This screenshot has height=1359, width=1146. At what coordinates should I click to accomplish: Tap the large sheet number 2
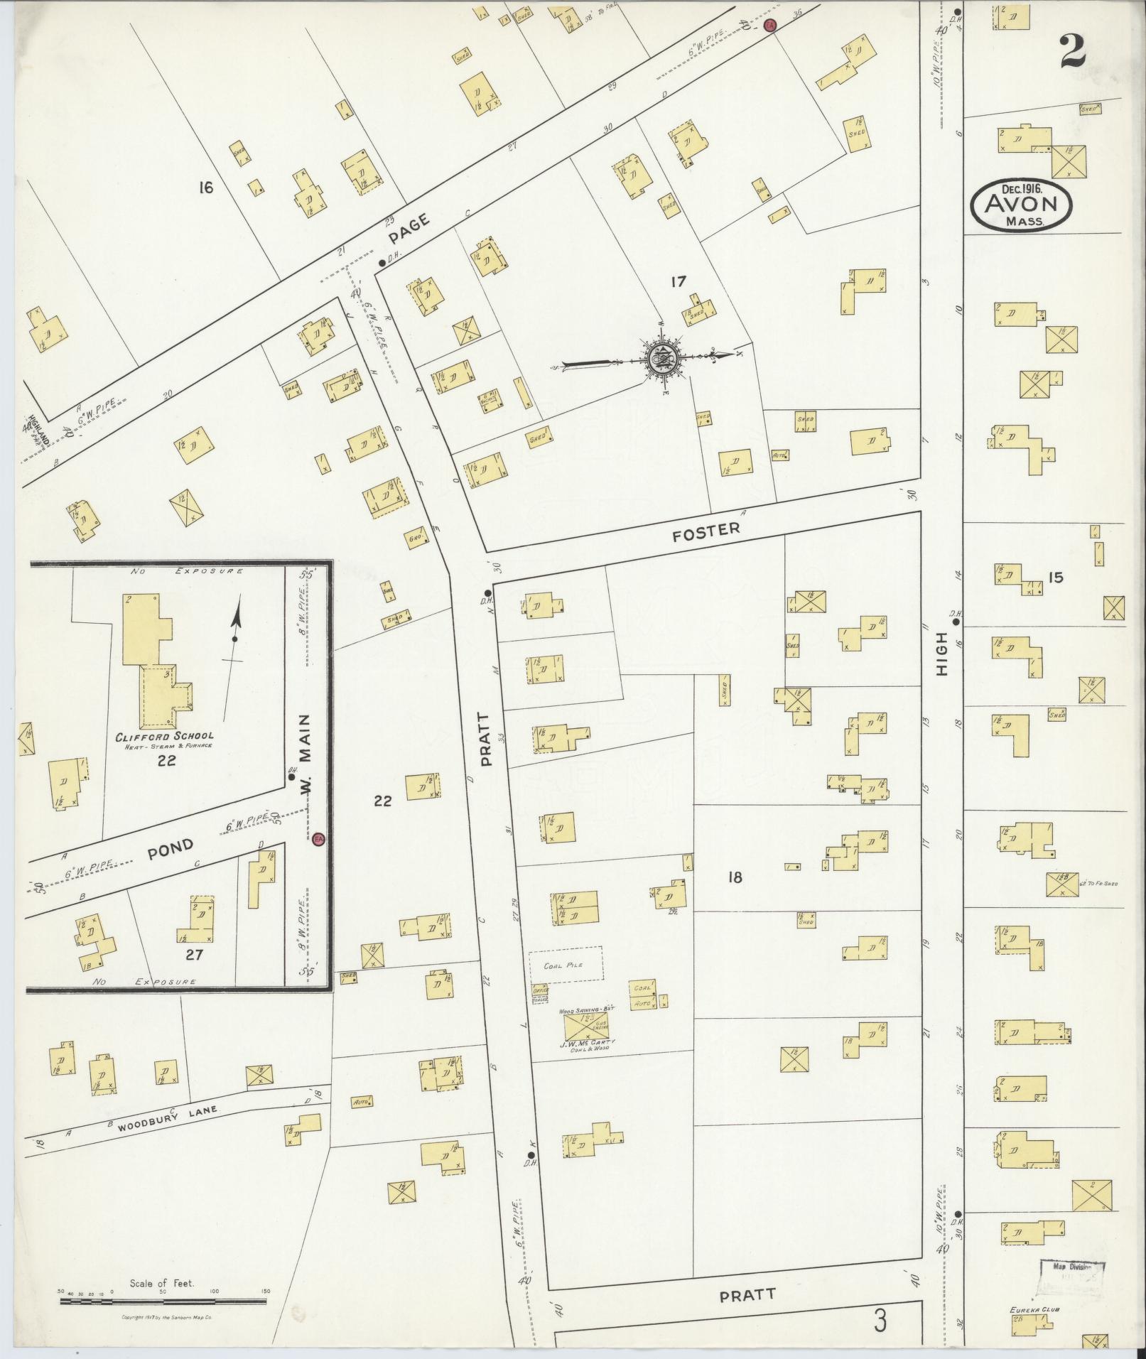[1074, 51]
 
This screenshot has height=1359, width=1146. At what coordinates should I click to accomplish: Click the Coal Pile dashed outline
[566, 965]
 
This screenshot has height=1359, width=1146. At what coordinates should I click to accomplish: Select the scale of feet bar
[163, 1301]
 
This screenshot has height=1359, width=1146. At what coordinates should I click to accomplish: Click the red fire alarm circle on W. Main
[318, 839]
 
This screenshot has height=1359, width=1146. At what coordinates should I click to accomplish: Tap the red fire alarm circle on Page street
[769, 26]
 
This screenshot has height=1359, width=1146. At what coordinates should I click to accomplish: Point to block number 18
[735, 877]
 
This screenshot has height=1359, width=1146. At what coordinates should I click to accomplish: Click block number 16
[206, 188]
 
